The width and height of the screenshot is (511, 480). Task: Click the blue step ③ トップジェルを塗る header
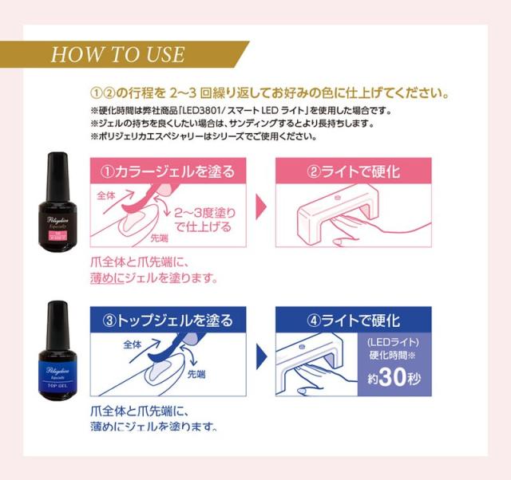168,321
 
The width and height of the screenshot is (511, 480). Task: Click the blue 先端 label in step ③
198,372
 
